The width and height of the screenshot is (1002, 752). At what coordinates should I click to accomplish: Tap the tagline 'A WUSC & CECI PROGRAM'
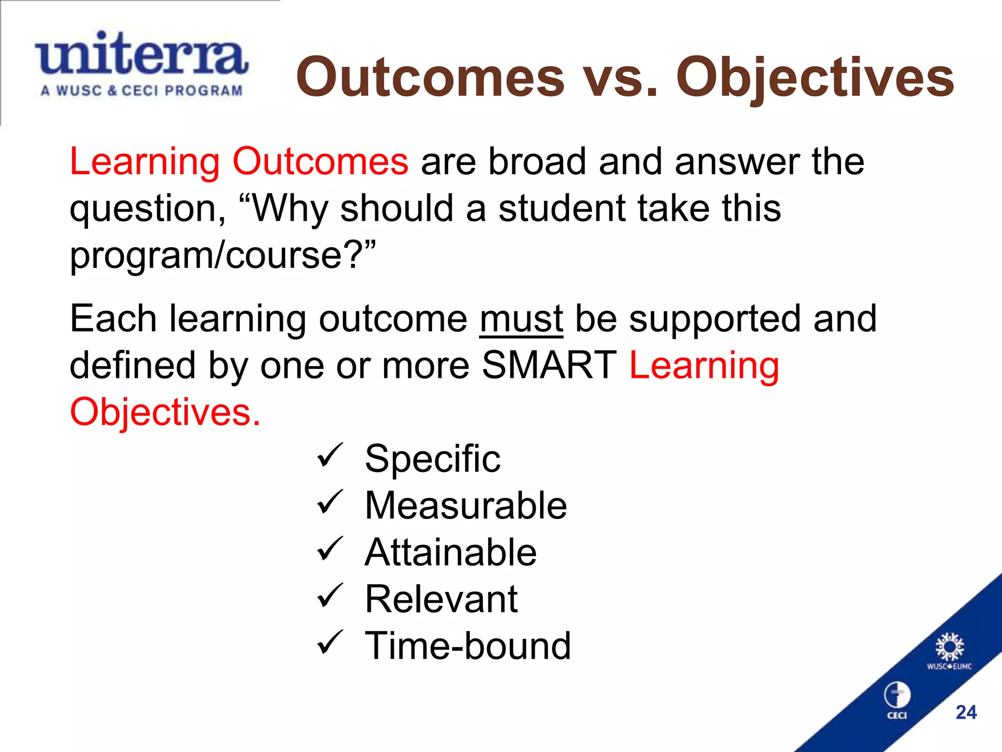pos(141,91)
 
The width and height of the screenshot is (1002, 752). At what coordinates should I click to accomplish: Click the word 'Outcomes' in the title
pos(430,77)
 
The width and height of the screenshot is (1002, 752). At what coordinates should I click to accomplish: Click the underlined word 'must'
pos(521,319)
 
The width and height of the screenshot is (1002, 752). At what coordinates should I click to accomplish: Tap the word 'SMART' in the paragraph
pos(549,365)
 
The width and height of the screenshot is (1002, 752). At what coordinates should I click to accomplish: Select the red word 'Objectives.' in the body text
pos(165,412)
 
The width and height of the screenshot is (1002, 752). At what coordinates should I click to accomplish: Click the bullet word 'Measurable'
pos(465,505)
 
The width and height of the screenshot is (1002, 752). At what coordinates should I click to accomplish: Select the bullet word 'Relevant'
pos(441,599)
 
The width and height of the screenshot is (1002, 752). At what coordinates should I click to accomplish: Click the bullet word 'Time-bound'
pos(468,646)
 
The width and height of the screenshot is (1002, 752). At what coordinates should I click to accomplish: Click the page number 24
pos(966,712)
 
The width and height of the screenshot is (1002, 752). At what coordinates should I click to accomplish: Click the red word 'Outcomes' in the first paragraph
pos(320,162)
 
